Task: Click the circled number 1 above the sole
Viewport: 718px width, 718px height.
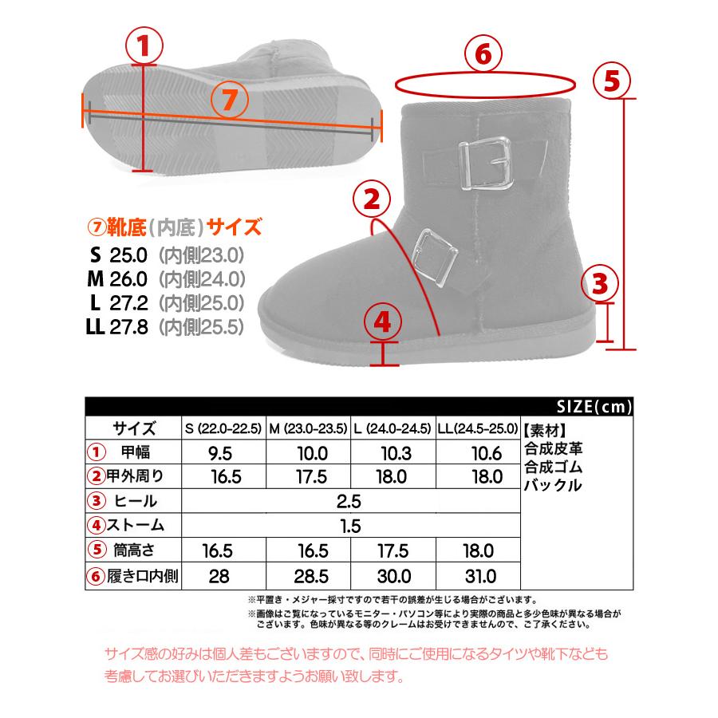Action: pyautogui.click(x=144, y=46)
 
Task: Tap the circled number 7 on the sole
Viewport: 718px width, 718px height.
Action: pyautogui.click(x=227, y=100)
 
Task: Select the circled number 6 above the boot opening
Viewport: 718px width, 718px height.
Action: pyautogui.click(x=483, y=54)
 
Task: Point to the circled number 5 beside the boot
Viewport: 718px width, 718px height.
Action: pyautogui.click(x=611, y=80)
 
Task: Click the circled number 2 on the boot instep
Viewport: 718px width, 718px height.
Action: pyautogui.click(x=371, y=201)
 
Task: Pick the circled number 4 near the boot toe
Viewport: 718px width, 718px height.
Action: pyautogui.click(x=383, y=322)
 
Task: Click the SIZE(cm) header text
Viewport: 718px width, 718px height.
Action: pyautogui.click(x=594, y=406)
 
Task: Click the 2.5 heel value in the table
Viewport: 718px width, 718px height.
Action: pyautogui.click(x=349, y=502)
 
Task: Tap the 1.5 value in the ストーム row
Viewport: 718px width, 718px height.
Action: pyautogui.click(x=349, y=526)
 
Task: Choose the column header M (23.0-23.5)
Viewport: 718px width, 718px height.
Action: pyautogui.click(x=308, y=427)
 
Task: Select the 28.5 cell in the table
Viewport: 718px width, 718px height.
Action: pyautogui.click(x=308, y=576)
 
